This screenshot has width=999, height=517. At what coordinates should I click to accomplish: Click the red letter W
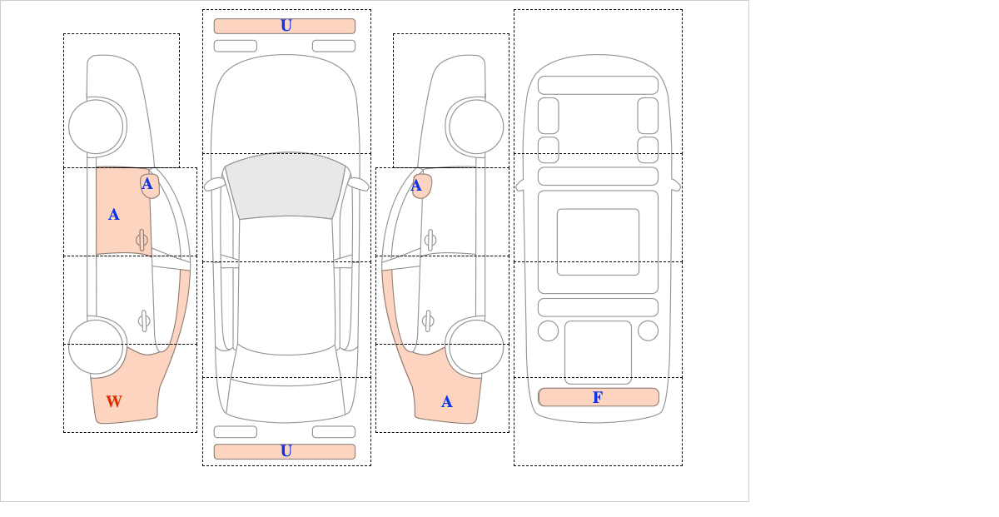pos(114,401)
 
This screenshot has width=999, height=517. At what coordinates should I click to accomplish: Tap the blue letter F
pos(598,397)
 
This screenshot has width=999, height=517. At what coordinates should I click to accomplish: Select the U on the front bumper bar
pos(286,26)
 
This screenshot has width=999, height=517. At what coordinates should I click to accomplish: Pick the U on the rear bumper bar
pos(286,451)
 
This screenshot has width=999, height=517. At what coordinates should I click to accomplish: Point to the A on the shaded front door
pos(114,215)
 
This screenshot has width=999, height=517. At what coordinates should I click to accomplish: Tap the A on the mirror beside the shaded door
pos(147,184)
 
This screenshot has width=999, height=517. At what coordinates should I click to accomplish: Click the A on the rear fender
pos(446,402)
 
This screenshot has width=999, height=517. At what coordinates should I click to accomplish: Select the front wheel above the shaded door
pos(96,127)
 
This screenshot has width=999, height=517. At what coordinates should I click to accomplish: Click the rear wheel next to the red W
pos(96,346)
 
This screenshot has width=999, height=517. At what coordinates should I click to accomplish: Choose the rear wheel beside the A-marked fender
pos(476,346)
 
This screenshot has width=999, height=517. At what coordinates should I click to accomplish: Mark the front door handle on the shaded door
pos(142,241)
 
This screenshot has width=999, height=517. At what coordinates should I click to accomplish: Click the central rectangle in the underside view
pos(598,241)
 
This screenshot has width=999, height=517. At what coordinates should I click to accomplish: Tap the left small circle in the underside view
pos(548,331)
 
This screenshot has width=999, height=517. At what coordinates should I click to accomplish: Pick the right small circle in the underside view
pos(648,331)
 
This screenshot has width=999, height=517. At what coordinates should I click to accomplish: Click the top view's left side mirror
pos(214,184)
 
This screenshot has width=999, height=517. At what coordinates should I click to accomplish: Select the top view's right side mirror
pos(358,184)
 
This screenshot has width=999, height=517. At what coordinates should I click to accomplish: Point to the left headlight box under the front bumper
pos(236,46)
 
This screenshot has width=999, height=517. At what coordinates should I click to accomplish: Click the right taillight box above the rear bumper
pos(334,432)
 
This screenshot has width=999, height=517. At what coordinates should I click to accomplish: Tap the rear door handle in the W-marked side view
pos(144,321)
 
